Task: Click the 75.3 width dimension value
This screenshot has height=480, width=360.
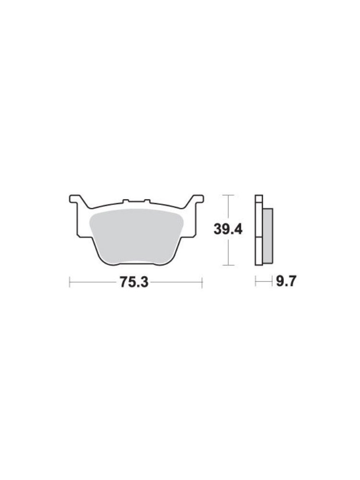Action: [x=134, y=282]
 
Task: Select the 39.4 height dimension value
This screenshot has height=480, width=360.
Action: [x=228, y=229]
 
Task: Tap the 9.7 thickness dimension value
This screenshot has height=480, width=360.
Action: [x=286, y=281]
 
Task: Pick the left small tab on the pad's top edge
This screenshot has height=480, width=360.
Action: [x=125, y=201]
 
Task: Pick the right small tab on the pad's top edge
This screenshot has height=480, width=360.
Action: [x=147, y=201]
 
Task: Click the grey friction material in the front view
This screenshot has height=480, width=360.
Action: [x=136, y=236]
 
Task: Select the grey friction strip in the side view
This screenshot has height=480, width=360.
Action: [x=267, y=236]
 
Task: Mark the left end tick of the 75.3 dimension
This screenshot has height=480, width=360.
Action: [x=70, y=282]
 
